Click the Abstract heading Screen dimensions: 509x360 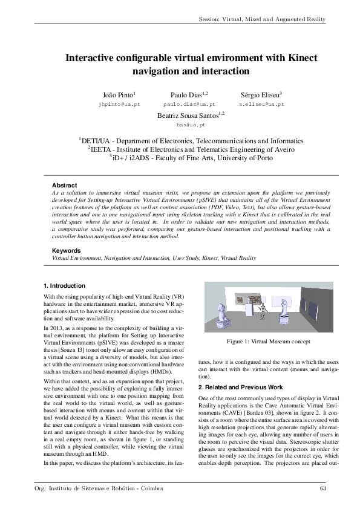64,185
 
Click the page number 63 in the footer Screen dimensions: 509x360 322,488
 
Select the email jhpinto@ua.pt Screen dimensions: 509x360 119,105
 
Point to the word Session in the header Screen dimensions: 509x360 212,19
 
